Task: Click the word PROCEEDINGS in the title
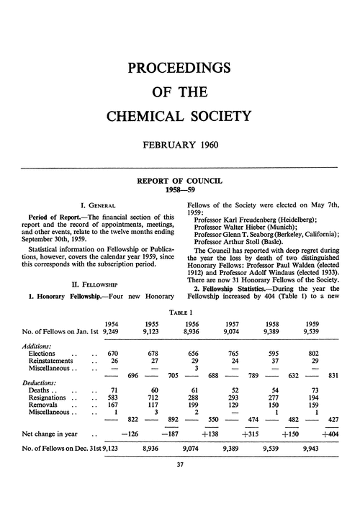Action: pyautogui.click(x=179, y=68)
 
